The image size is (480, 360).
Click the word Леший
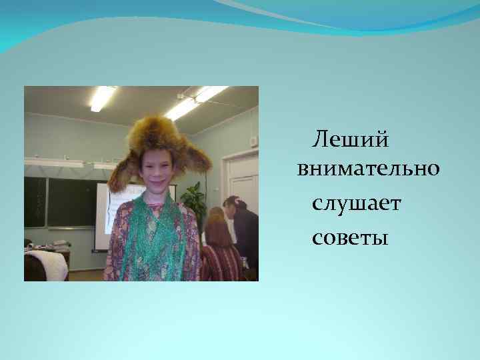pos(351,140)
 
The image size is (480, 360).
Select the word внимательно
pos(368,169)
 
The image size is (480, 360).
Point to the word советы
pos(349,237)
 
